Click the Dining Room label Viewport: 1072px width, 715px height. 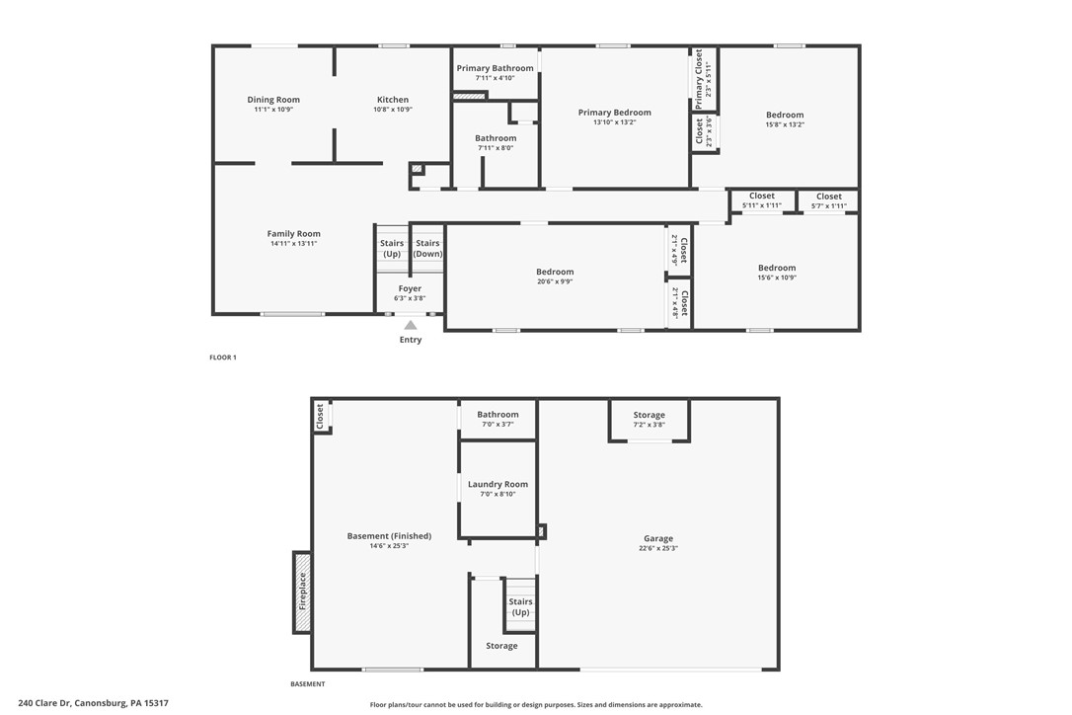coord(273,100)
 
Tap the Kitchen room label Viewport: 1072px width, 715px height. coord(392,100)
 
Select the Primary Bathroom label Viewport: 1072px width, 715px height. coord(495,68)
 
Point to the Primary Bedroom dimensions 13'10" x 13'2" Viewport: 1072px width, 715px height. coord(614,122)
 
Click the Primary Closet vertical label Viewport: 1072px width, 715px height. coord(700,79)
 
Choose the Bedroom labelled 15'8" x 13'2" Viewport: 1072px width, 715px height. coord(785,116)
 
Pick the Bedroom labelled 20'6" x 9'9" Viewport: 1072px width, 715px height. coord(555,273)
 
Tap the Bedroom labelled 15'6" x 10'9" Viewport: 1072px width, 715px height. coord(777,269)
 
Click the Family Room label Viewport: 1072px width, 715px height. coord(293,234)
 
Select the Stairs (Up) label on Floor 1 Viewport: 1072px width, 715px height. coord(392,248)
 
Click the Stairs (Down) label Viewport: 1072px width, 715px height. coord(427,248)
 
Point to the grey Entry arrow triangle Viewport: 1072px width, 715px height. coord(410,325)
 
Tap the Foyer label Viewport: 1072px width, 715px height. coord(410,289)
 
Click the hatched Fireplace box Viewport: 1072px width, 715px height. coord(302,592)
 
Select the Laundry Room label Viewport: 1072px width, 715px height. coord(498,485)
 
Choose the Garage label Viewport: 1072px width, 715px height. coord(658,539)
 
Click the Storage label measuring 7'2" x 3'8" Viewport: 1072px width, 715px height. coord(649,416)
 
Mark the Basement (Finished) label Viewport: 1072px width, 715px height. coord(389,536)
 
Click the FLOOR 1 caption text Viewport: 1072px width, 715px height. coord(223,357)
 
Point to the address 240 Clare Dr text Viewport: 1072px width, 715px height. coord(86,704)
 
